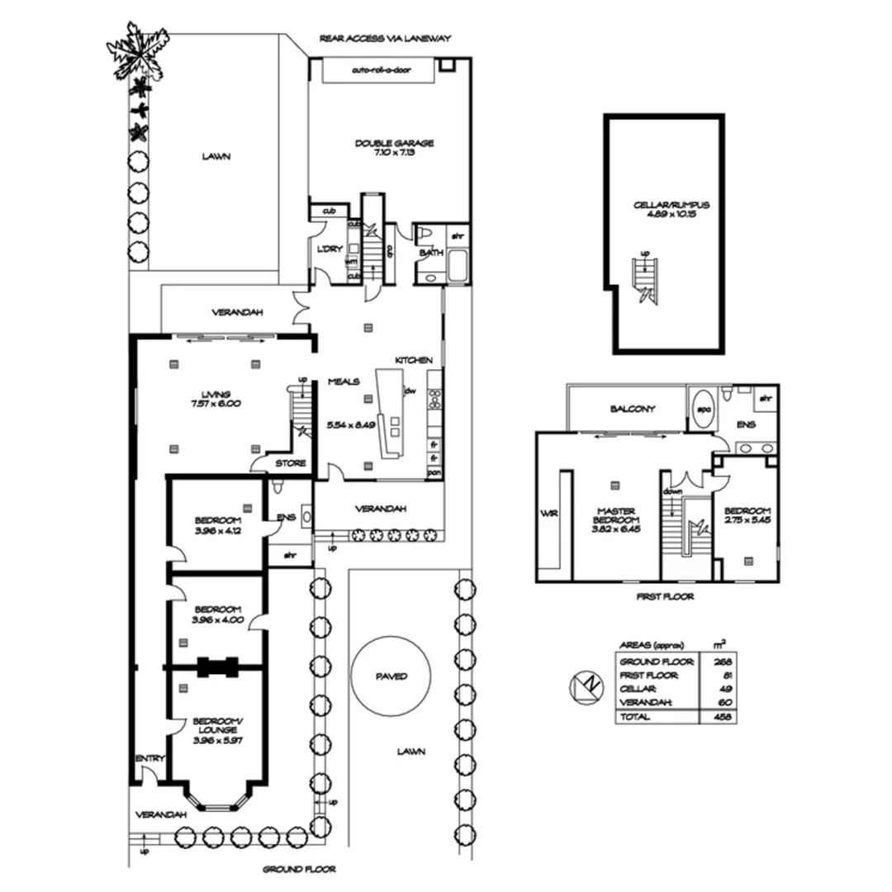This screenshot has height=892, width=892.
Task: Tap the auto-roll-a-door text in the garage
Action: [x=381, y=71]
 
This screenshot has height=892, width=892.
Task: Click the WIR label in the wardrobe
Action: [x=548, y=513]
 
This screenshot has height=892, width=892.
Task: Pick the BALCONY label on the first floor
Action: [x=633, y=408]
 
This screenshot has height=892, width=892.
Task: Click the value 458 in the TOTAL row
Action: [x=727, y=717]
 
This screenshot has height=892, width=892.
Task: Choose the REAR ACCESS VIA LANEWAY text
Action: [x=386, y=38]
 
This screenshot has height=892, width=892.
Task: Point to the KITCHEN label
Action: [x=413, y=360]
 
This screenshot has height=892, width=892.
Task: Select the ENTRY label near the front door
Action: [x=150, y=758]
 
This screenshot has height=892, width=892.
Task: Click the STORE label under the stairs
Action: [x=290, y=463]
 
